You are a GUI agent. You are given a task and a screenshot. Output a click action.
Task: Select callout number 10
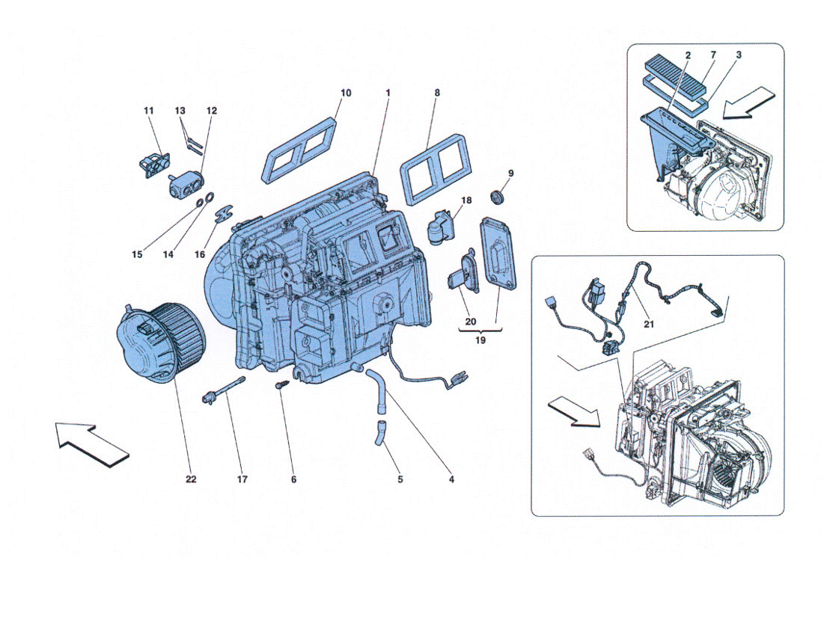point(346,93)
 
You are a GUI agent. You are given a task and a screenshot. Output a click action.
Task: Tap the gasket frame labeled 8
point(436,169)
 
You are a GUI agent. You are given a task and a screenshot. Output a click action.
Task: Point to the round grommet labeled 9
point(497,197)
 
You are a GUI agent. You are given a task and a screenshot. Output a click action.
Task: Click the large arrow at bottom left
point(93,444)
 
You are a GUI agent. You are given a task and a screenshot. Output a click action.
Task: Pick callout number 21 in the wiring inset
point(649,325)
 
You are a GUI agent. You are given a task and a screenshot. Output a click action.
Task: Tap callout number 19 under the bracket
point(480,340)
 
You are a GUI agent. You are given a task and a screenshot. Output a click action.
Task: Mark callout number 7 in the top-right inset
point(713,55)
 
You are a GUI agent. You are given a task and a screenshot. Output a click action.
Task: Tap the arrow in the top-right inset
point(749,102)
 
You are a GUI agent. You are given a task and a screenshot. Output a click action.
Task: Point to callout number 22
point(191,479)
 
